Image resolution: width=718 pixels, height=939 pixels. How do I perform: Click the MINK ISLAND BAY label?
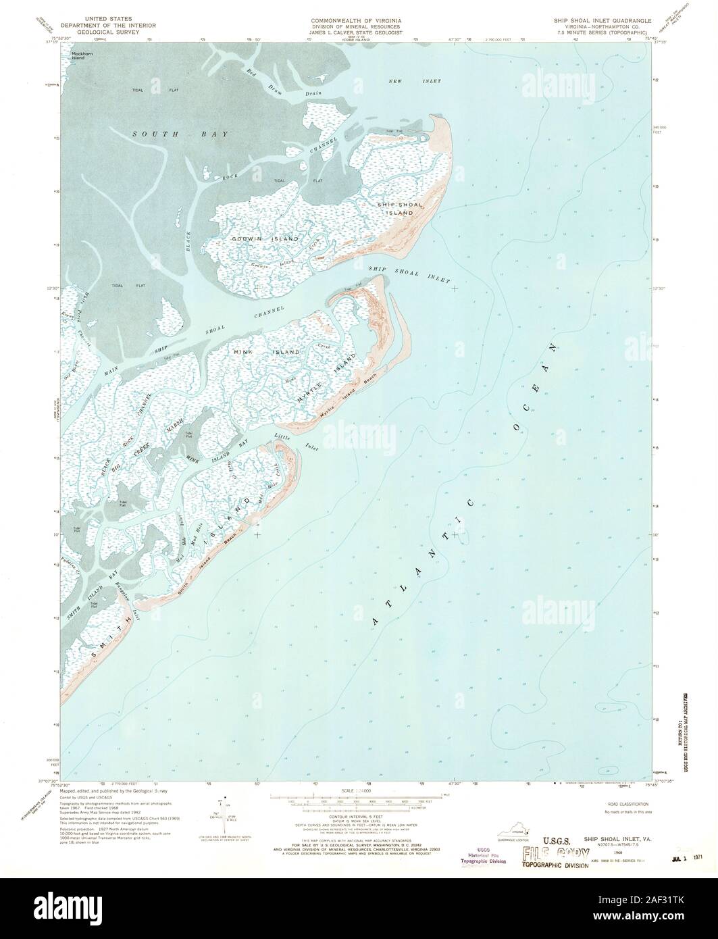tap(217, 452)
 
